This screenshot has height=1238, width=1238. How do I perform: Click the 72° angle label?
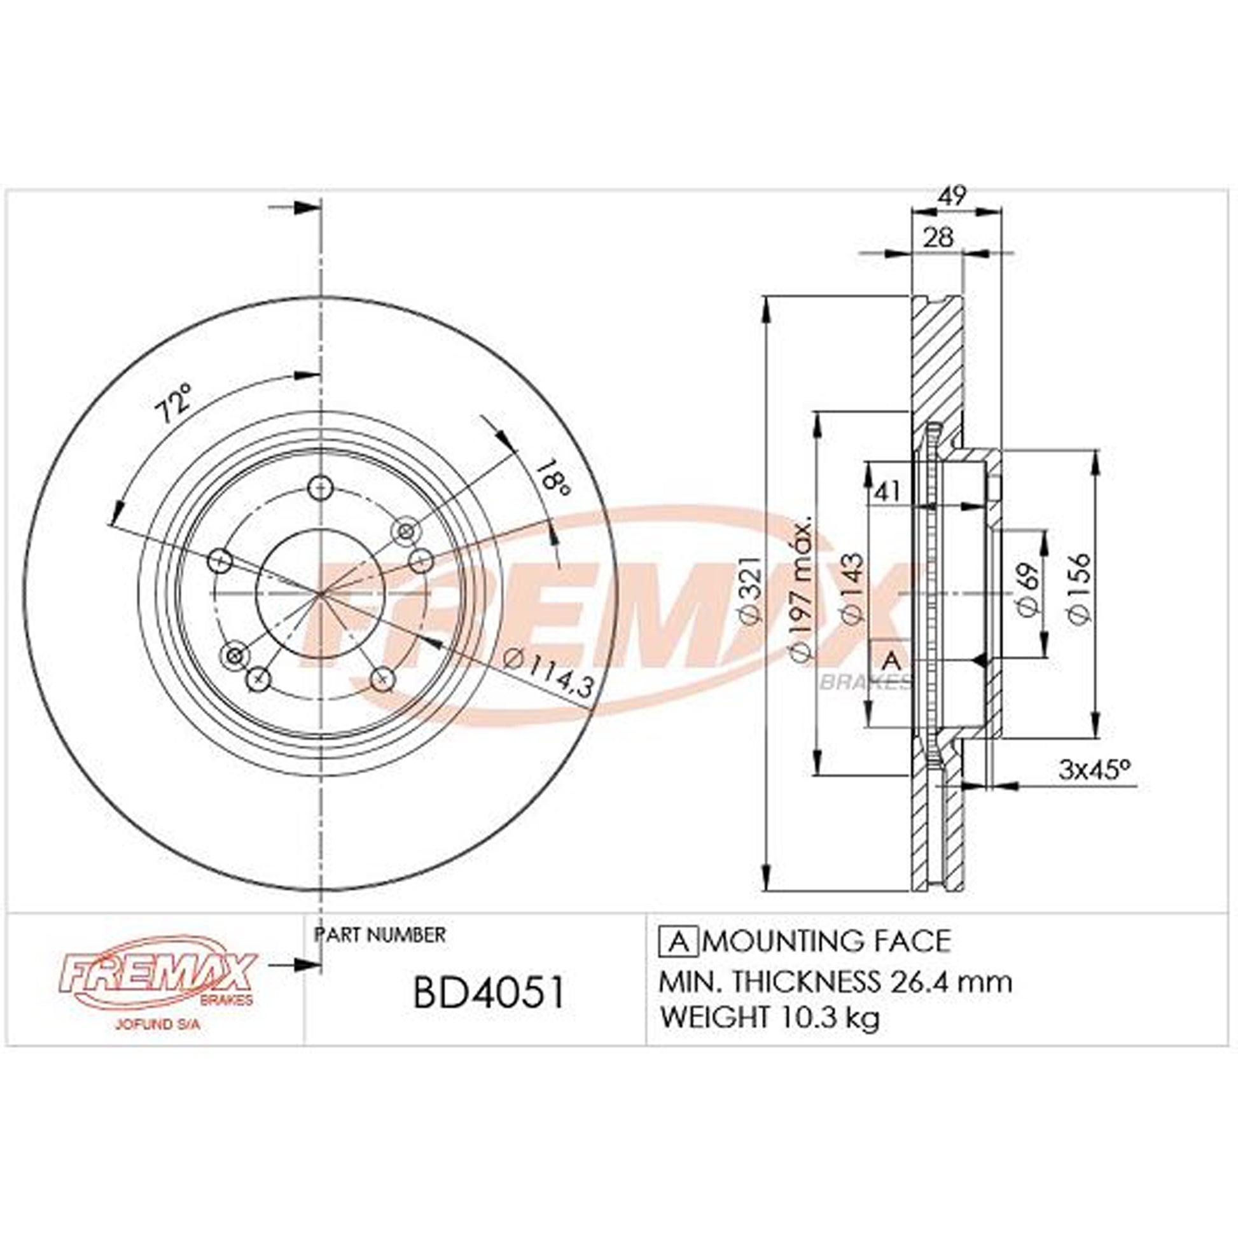click(x=174, y=403)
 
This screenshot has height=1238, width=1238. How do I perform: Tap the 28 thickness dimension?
click(x=939, y=238)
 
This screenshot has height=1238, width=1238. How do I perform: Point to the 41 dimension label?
click(x=887, y=492)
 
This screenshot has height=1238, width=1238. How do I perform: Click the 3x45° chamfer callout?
click(x=1094, y=769)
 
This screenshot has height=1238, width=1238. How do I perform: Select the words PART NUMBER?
click(x=379, y=935)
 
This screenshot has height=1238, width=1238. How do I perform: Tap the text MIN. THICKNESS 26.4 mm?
click(x=835, y=982)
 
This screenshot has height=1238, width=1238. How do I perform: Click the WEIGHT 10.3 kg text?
click(x=769, y=1017)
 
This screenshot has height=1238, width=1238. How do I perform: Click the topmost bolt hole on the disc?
click(x=321, y=489)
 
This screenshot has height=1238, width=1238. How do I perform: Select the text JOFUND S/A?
click(x=158, y=1025)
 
